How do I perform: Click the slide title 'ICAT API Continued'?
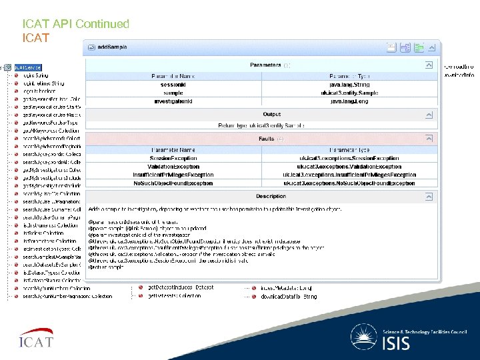(75, 24)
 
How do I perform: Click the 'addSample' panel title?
(112, 47)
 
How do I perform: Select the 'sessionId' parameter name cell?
(173, 85)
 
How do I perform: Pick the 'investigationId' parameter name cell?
(173, 101)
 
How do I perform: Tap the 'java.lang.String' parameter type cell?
(349, 85)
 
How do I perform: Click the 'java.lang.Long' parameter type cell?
(349, 101)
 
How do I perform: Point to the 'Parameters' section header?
(265, 65)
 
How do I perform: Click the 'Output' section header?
(271, 115)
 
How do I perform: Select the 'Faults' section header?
(267, 139)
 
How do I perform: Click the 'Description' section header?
(271, 196)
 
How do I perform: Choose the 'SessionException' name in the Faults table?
(173, 159)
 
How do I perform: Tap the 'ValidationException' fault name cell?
(173, 167)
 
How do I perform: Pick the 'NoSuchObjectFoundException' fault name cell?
(173, 183)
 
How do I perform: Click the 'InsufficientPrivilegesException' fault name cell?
(173, 175)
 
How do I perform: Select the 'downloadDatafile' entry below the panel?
(288, 296)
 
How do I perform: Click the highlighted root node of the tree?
(28, 67)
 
